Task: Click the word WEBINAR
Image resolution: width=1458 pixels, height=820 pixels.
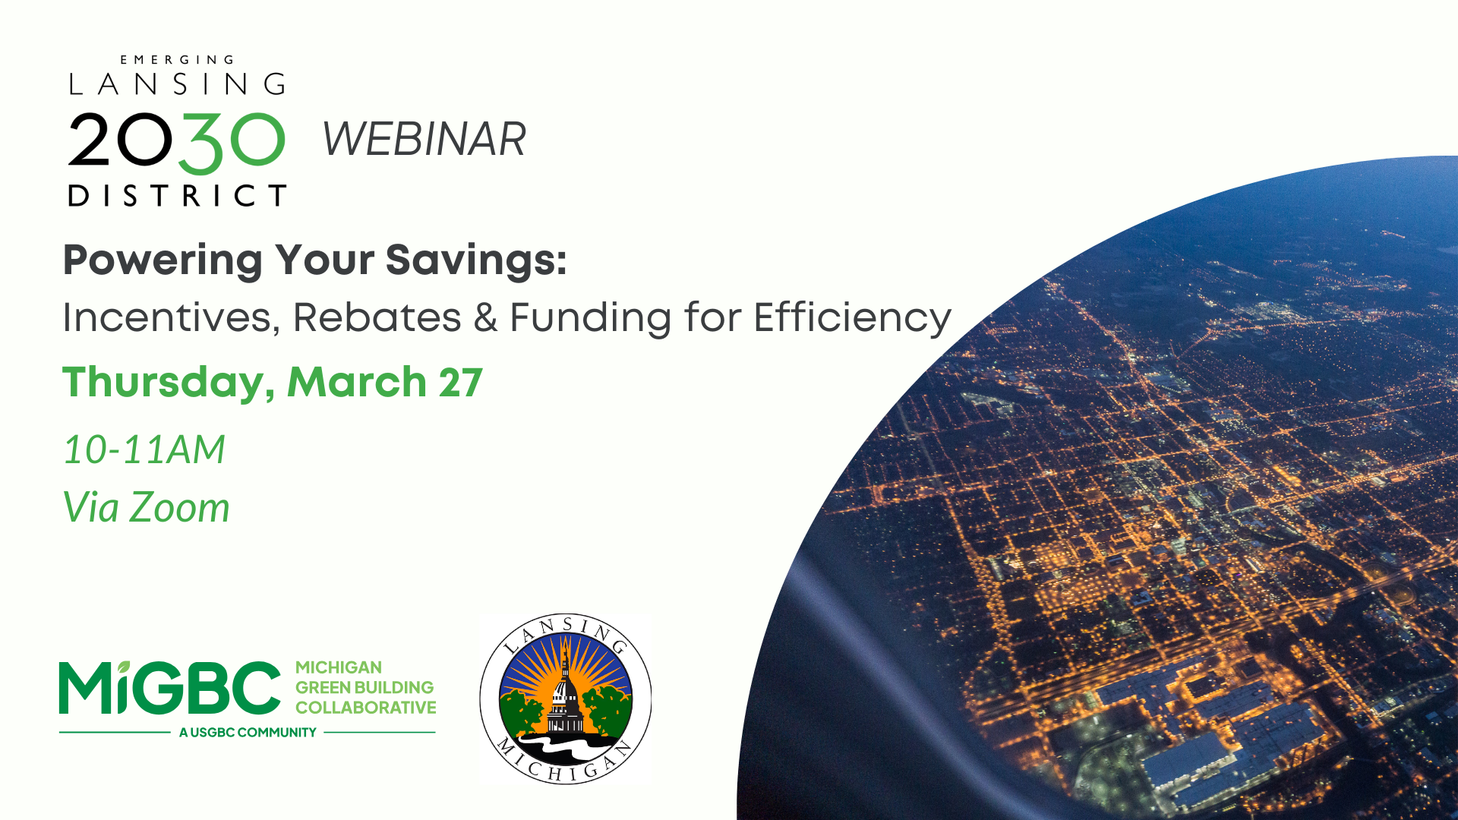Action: tap(424, 140)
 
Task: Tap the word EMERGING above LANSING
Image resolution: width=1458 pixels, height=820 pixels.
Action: tap(178, 60)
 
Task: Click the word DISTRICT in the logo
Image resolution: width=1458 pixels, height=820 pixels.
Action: tap(178, 195)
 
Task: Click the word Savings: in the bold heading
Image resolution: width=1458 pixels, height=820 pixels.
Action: tap(476, 260)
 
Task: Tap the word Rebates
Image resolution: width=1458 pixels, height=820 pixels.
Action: tap(377, 317)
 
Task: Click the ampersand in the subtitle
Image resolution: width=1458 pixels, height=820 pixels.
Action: tap(486, 317)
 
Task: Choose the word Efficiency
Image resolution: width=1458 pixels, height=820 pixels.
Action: tap(852, 318)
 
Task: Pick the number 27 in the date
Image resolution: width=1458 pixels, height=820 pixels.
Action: tap(461, 383)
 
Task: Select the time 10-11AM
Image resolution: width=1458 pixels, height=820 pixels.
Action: tap(144, 449)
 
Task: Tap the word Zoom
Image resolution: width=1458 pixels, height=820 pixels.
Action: tap(179, 507)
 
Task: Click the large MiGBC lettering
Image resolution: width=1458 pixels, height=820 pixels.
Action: tap(170, 687)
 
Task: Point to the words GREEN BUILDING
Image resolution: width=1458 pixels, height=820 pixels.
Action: tap(364, 687)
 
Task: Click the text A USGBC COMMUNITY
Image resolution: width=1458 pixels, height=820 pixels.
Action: tap(248, 733)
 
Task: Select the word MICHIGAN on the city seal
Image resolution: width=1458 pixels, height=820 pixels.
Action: tap(565, 764)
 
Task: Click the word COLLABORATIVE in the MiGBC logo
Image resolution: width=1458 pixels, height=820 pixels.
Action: tap(366, 708)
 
